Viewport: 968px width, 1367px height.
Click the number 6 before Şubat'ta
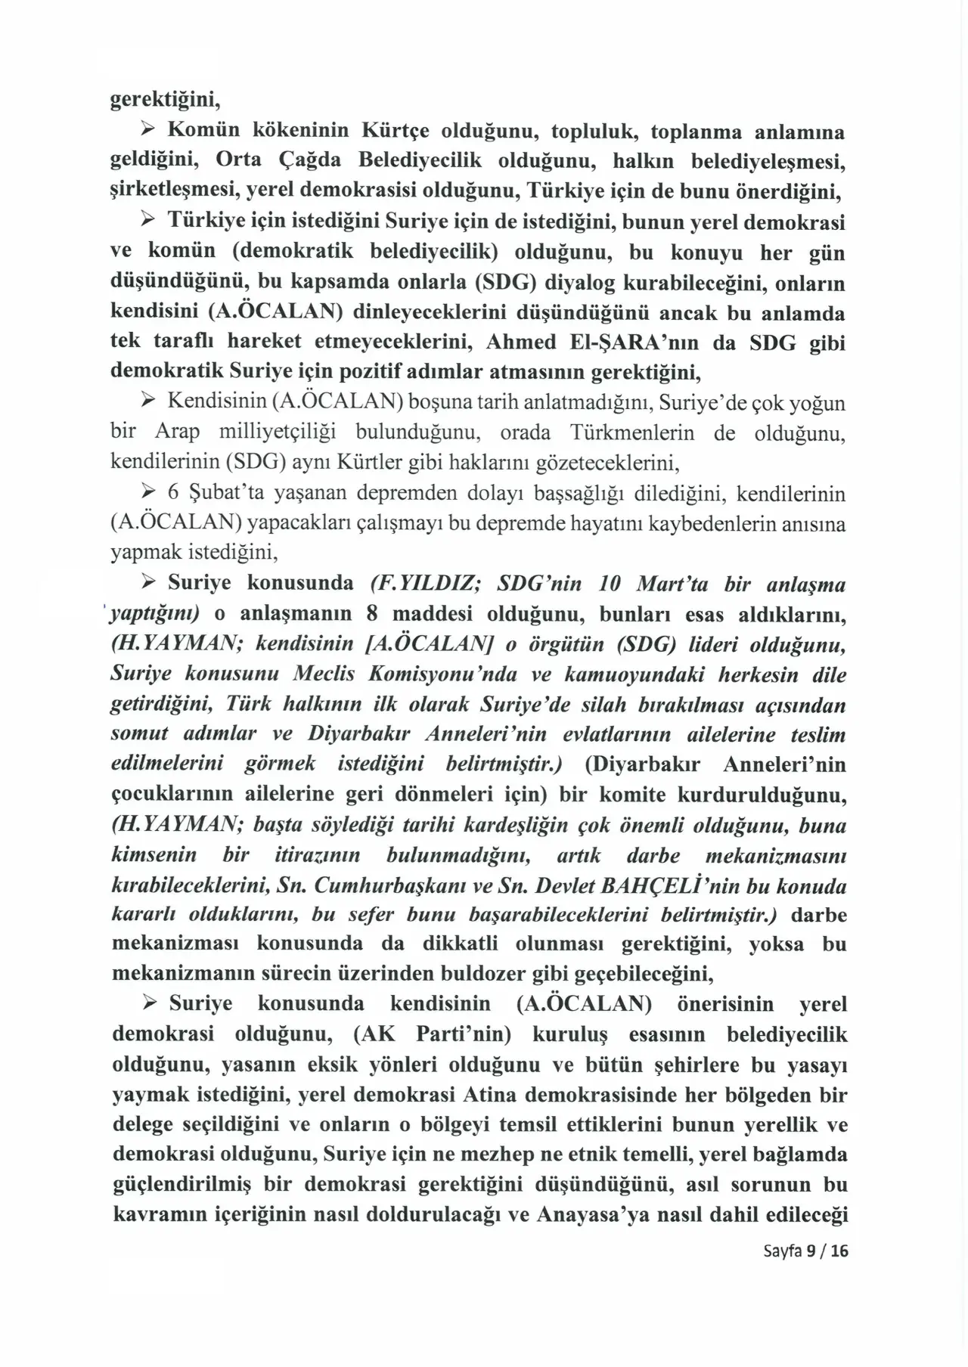coord(172,494)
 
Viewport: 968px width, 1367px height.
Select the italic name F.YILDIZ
coord(422,584)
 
